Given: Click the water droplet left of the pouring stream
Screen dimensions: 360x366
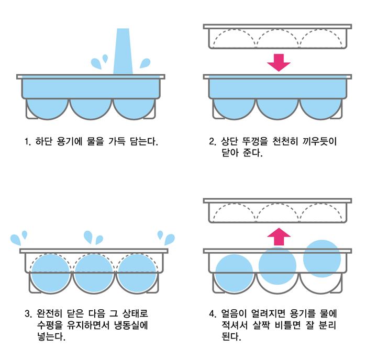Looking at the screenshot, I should click(x=97, y=63).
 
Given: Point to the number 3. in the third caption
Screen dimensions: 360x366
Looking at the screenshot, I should click(x=29, y=314).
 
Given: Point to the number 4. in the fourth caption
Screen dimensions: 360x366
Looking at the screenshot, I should click(x=212, y=314).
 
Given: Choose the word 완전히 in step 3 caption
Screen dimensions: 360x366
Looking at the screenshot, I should click(x=51, y=314).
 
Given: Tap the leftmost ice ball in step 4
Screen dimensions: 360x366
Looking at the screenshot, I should click(x=234, y=273).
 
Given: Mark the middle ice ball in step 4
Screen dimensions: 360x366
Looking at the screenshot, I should click(x=278, y=265).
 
